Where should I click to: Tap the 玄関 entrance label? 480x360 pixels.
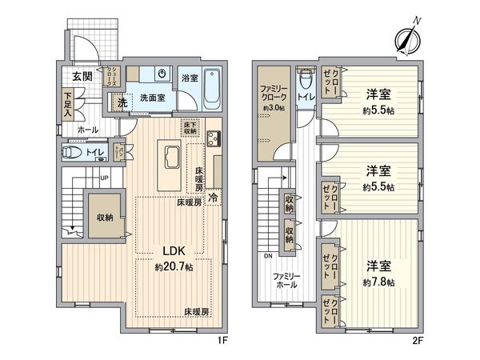[81, 77]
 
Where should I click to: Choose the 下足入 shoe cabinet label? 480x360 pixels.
[69, 105]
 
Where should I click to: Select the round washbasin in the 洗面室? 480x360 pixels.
[162, 74]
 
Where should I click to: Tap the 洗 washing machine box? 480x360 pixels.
[118, 102]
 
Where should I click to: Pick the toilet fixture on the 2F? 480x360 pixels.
[305, 81]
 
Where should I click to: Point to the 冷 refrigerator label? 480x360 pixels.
[214, 195]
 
